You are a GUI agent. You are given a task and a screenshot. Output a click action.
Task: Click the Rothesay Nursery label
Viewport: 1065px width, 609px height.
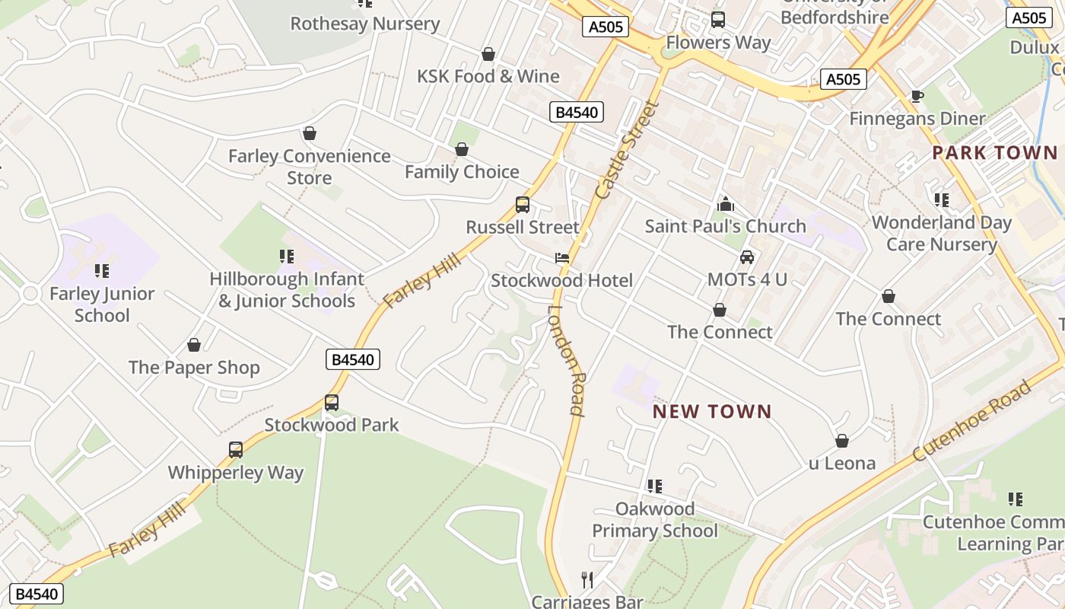[x=365, y=24]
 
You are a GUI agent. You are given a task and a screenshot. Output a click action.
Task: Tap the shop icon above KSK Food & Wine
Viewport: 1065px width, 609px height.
[x=488, y=54]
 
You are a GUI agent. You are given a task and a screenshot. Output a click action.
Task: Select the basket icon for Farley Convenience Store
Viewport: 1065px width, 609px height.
[x=310, y=134]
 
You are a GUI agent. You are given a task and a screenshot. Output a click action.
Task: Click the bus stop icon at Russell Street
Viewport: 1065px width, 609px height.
[x=523, y=204]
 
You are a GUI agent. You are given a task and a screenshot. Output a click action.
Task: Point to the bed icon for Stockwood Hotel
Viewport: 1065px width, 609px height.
[x=562, y=258]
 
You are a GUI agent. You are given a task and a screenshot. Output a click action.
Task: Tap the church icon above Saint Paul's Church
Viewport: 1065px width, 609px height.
[x=726, y=204]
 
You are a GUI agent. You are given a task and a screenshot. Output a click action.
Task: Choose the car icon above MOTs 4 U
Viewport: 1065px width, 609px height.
[x=747, y=257]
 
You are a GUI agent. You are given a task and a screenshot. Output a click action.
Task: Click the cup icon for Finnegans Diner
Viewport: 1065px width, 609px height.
[x=917, y=96]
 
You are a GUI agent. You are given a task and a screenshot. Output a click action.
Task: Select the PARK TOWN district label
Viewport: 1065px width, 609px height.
[x=994, y=152]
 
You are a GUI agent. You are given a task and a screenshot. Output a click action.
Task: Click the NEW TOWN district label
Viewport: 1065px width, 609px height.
[x=712, y=412]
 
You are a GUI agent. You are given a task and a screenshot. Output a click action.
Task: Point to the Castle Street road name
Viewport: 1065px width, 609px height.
[x=628, y=150]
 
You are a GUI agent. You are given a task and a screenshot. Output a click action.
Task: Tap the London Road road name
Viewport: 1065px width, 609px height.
[x=567, y=360]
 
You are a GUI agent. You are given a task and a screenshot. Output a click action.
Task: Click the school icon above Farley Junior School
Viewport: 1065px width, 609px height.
[x=102, y=270]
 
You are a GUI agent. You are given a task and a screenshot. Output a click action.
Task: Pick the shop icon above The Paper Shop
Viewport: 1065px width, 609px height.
[x=194, y=345]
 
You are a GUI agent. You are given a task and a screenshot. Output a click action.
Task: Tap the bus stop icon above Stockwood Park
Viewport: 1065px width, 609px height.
[x=332, y=402]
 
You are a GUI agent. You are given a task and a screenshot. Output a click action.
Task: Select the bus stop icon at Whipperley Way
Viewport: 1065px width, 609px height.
[x=236, y=450]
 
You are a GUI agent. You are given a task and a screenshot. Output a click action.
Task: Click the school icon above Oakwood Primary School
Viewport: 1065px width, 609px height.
[x=654, y=486]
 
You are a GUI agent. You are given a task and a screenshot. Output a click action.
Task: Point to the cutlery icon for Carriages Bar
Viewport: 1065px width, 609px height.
[x=587, y=580]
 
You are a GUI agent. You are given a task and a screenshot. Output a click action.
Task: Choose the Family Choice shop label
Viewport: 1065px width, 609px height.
[x=462, y=172]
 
